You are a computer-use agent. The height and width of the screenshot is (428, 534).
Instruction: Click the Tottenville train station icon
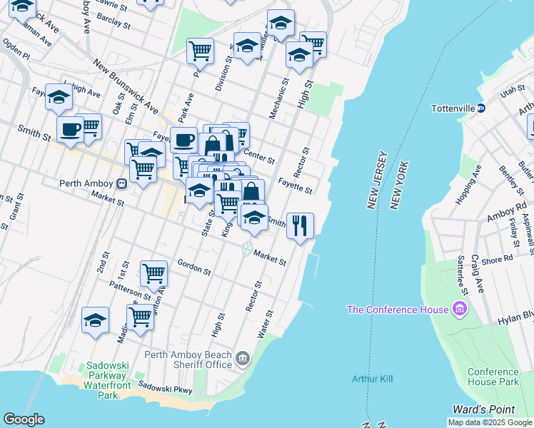tap(481, 108)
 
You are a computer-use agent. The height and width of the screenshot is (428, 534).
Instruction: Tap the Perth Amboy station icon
tap(122, 183)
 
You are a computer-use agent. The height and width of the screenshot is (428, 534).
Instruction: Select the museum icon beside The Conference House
tap(460, 310)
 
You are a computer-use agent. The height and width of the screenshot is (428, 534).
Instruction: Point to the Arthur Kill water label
tap(372, 379)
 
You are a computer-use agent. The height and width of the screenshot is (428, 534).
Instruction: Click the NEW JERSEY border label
tap(378, 180)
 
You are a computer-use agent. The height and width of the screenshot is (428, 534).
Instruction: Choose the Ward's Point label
tap(483, 409)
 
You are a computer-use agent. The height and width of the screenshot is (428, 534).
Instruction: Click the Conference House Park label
tap(493, 377)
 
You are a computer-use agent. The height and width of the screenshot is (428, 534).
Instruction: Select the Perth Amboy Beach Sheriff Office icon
tap(243, 358)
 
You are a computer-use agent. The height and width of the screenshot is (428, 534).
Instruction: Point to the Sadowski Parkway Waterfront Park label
tap(107, 380)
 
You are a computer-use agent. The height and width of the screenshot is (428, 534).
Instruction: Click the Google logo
tap(24, 419)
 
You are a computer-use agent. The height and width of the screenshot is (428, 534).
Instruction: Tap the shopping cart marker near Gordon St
tap(153, 273)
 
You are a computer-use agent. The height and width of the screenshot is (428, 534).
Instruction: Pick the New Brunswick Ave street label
tap(125, 88)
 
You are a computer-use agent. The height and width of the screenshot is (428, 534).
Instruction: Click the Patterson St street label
tap(131, 291)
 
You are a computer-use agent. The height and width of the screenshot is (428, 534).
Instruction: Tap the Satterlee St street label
tap(463, 277)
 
